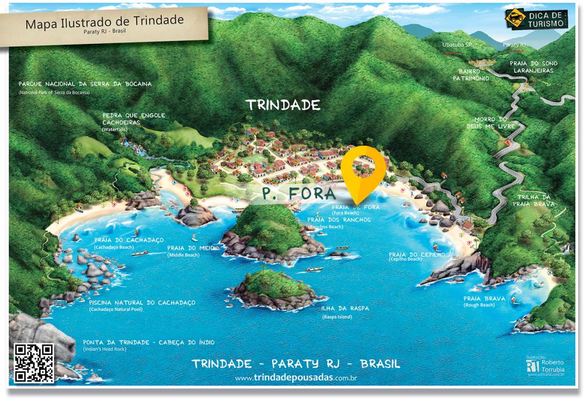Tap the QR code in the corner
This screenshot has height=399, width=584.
tap(34, 363)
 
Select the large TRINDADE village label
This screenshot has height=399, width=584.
tap(283, 106)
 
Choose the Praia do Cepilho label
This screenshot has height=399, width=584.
tap(417, 255)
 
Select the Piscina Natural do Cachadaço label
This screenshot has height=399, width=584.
tap(142, 303)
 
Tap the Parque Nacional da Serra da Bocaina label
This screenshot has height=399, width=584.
tap(85, 84)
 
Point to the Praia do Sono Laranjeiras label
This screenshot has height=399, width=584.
tap(533, 66)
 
